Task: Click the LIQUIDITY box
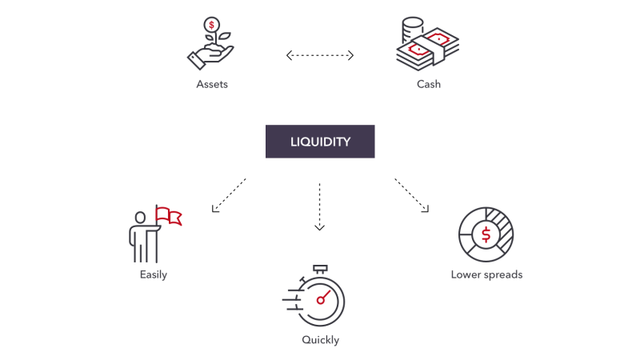click(x=320, y=141)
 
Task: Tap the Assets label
click(x=212, y=84)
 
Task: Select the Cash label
click(x=428, y=84)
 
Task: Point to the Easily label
click(x=153, y=274)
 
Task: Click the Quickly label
click(x=320, y=340)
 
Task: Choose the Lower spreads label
click(x=486, y=274)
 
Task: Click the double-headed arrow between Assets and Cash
click(x=320, y=55)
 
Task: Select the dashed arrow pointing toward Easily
click(x=229, y=194)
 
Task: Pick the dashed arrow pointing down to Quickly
click(x=320, y=206)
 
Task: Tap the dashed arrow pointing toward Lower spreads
click(x=411, y=194)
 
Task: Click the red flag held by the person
click(x=168, y=214)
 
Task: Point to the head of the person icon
click(x=141, y=217)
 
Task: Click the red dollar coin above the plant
click(x=211, y=25)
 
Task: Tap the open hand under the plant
click(x=206, y=58)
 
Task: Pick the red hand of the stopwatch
click(x=324, y=297)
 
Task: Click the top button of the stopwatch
click(x=322, y=268)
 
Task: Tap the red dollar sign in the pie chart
click(x=486, y=234)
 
